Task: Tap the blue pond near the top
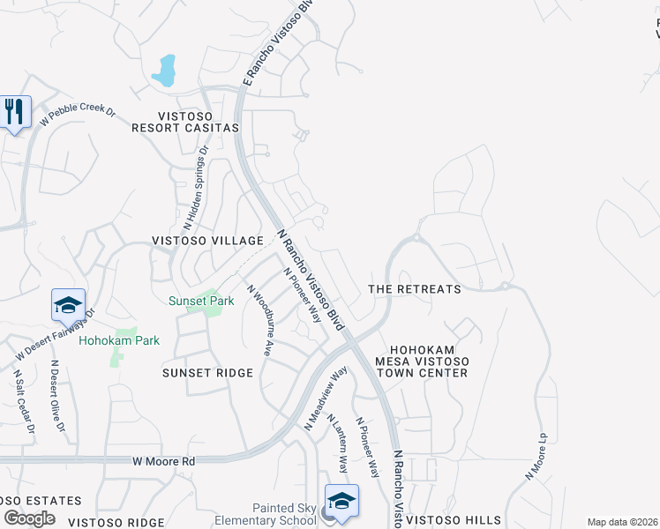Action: point(164,71)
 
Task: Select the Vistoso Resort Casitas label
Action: point(198,122)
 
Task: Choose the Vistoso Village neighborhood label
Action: point(207,241)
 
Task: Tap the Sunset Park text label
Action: point(201,301)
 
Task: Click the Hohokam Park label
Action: point(119,340)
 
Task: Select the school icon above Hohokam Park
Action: point(68,304)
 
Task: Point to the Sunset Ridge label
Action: point(207,373)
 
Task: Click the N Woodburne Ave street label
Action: point(259,319)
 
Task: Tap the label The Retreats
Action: point(414,289)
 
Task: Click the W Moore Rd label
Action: point(163,461)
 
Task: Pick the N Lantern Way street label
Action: point(339,443)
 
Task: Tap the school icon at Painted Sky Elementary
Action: point(341,500)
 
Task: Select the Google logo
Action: point(29,518)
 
